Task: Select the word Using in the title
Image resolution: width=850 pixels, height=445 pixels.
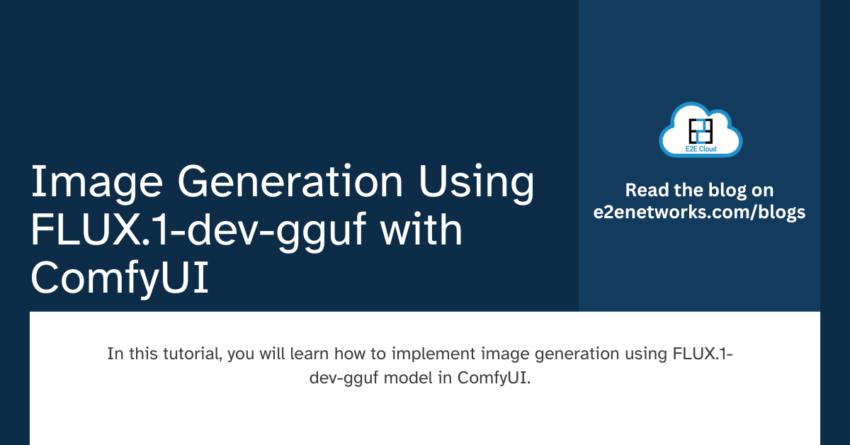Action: coord(475,183)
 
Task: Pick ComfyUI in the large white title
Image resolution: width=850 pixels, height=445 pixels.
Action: coord(120,279)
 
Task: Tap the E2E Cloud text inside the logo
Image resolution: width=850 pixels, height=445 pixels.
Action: coord(700,150)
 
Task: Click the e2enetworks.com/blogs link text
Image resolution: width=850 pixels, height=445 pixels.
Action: coord(700,212)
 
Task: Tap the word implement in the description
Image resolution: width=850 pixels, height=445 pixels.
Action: coord(412,354)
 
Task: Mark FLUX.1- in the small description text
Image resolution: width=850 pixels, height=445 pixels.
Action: coord(702,354)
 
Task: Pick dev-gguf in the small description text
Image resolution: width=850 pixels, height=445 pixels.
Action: coord(343,378)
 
